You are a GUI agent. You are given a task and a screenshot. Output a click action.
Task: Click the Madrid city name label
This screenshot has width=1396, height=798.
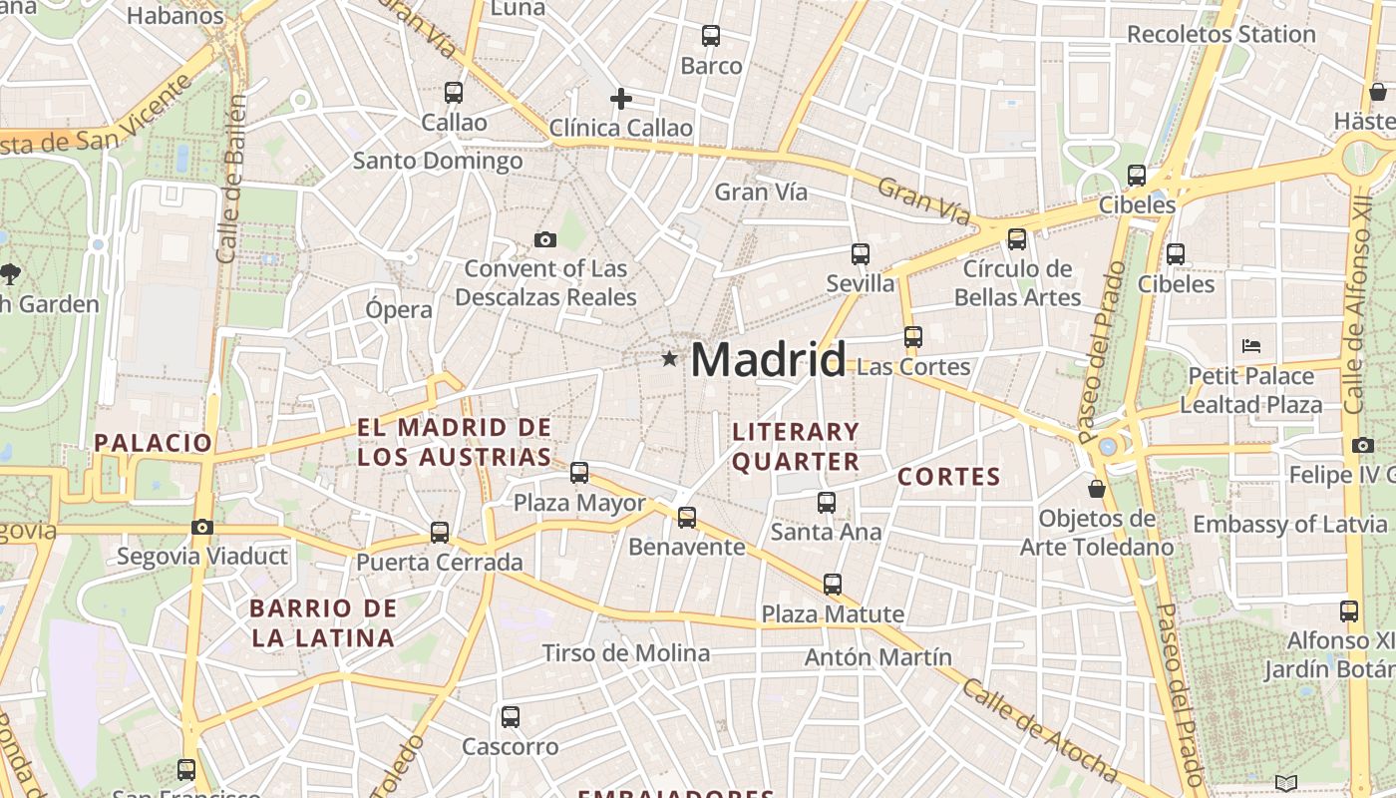click(768, 359)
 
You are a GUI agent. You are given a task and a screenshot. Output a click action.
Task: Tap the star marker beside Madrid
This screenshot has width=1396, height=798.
click(669, 358)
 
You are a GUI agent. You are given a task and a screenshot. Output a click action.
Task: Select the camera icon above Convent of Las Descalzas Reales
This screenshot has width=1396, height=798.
click(544, 239)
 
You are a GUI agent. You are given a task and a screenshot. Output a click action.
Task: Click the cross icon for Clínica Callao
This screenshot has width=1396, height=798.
click(620, 99)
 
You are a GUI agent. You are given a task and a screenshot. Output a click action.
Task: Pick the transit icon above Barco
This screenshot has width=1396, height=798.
click(711, 36)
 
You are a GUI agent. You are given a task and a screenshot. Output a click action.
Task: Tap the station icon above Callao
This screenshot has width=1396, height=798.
click(454, 93)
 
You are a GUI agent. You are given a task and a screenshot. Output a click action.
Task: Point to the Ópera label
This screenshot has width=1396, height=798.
click(399, 309)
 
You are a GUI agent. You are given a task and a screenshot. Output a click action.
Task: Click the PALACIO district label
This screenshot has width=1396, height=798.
click(154, 443)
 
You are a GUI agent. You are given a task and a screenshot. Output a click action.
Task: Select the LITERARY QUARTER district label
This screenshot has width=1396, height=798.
click(796, 446)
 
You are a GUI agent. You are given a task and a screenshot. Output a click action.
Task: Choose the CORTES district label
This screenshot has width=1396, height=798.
click(948, 477)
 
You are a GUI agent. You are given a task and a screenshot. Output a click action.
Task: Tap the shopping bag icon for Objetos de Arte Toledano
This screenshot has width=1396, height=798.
click(1097, 489)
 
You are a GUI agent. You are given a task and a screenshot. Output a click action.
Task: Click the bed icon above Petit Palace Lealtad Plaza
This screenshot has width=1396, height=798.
click(1251, 346)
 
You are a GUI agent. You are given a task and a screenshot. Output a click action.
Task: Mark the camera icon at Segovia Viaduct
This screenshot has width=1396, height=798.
click(202, 527)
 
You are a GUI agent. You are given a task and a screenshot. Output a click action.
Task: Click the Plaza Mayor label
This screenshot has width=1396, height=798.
click(579, 503)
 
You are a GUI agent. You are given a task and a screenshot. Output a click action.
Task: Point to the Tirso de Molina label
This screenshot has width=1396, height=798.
click(626, 653)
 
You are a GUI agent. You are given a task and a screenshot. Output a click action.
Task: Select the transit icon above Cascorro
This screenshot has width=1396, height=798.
click(511, 716)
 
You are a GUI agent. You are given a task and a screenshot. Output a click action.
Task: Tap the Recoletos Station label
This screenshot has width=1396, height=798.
click(1221, 34)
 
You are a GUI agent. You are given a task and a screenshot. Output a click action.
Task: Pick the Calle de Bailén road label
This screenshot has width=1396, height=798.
click(231, 180)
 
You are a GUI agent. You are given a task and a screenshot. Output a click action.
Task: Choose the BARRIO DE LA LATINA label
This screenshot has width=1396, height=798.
click(323, 622)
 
